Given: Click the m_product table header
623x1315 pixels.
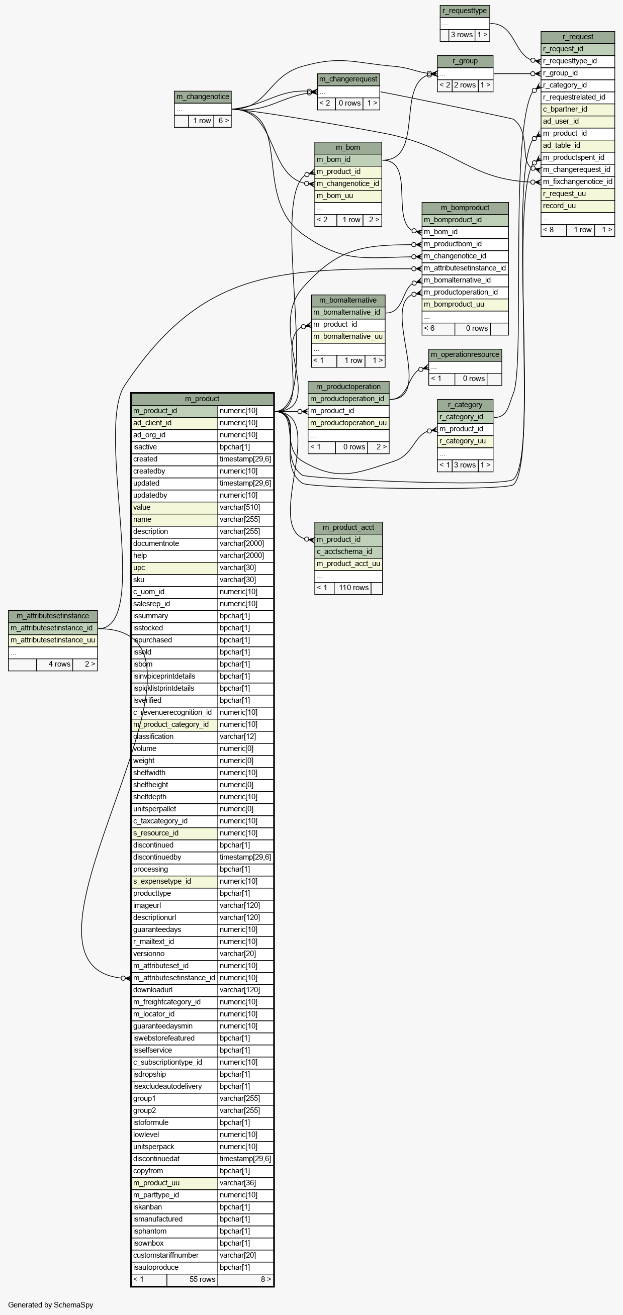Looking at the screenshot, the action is point(202,399).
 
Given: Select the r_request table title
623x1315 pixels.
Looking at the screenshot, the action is point(578,37).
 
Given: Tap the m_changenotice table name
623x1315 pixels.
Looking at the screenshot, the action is point(203,97).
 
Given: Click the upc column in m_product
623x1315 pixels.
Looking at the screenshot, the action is point(174,568).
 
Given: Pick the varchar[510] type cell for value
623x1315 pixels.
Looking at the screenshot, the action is point(245,507).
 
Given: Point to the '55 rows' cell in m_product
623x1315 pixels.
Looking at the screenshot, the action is point(192,1279).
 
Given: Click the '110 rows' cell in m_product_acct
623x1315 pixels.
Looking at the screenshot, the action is point(353,588).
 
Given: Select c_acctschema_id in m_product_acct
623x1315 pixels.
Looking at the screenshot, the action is point(348,551).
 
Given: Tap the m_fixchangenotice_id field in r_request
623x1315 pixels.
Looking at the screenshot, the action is point(578,182).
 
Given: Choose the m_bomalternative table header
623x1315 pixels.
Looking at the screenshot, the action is point(348,300).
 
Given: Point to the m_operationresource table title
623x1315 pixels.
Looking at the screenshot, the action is point(465,354).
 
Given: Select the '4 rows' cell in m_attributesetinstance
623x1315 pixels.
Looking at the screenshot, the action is point(55,664).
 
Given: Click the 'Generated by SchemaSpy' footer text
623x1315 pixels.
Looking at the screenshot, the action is point(51,1305).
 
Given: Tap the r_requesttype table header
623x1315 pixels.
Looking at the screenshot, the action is point(465,11).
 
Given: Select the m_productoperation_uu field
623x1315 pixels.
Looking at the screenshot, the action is point(348,423).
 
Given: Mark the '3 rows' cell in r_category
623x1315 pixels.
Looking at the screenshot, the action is point(465,465).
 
